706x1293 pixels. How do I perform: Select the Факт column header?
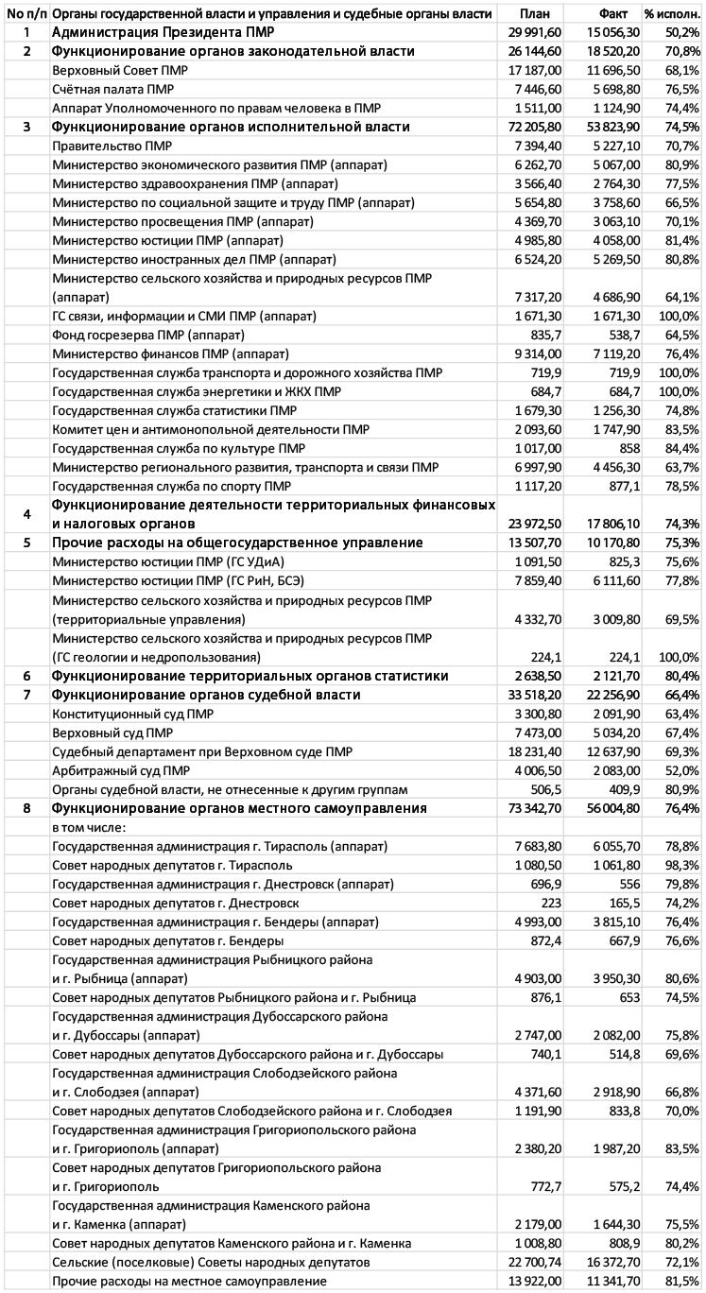click(x=613, y=14)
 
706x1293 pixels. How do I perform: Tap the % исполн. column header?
click(x=672, y=14)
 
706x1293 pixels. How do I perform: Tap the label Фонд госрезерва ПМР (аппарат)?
click(x=148, y=335)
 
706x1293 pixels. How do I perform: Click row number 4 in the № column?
click(x=26, y=513)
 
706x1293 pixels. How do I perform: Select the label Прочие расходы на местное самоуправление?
click(x=189, y=1281)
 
